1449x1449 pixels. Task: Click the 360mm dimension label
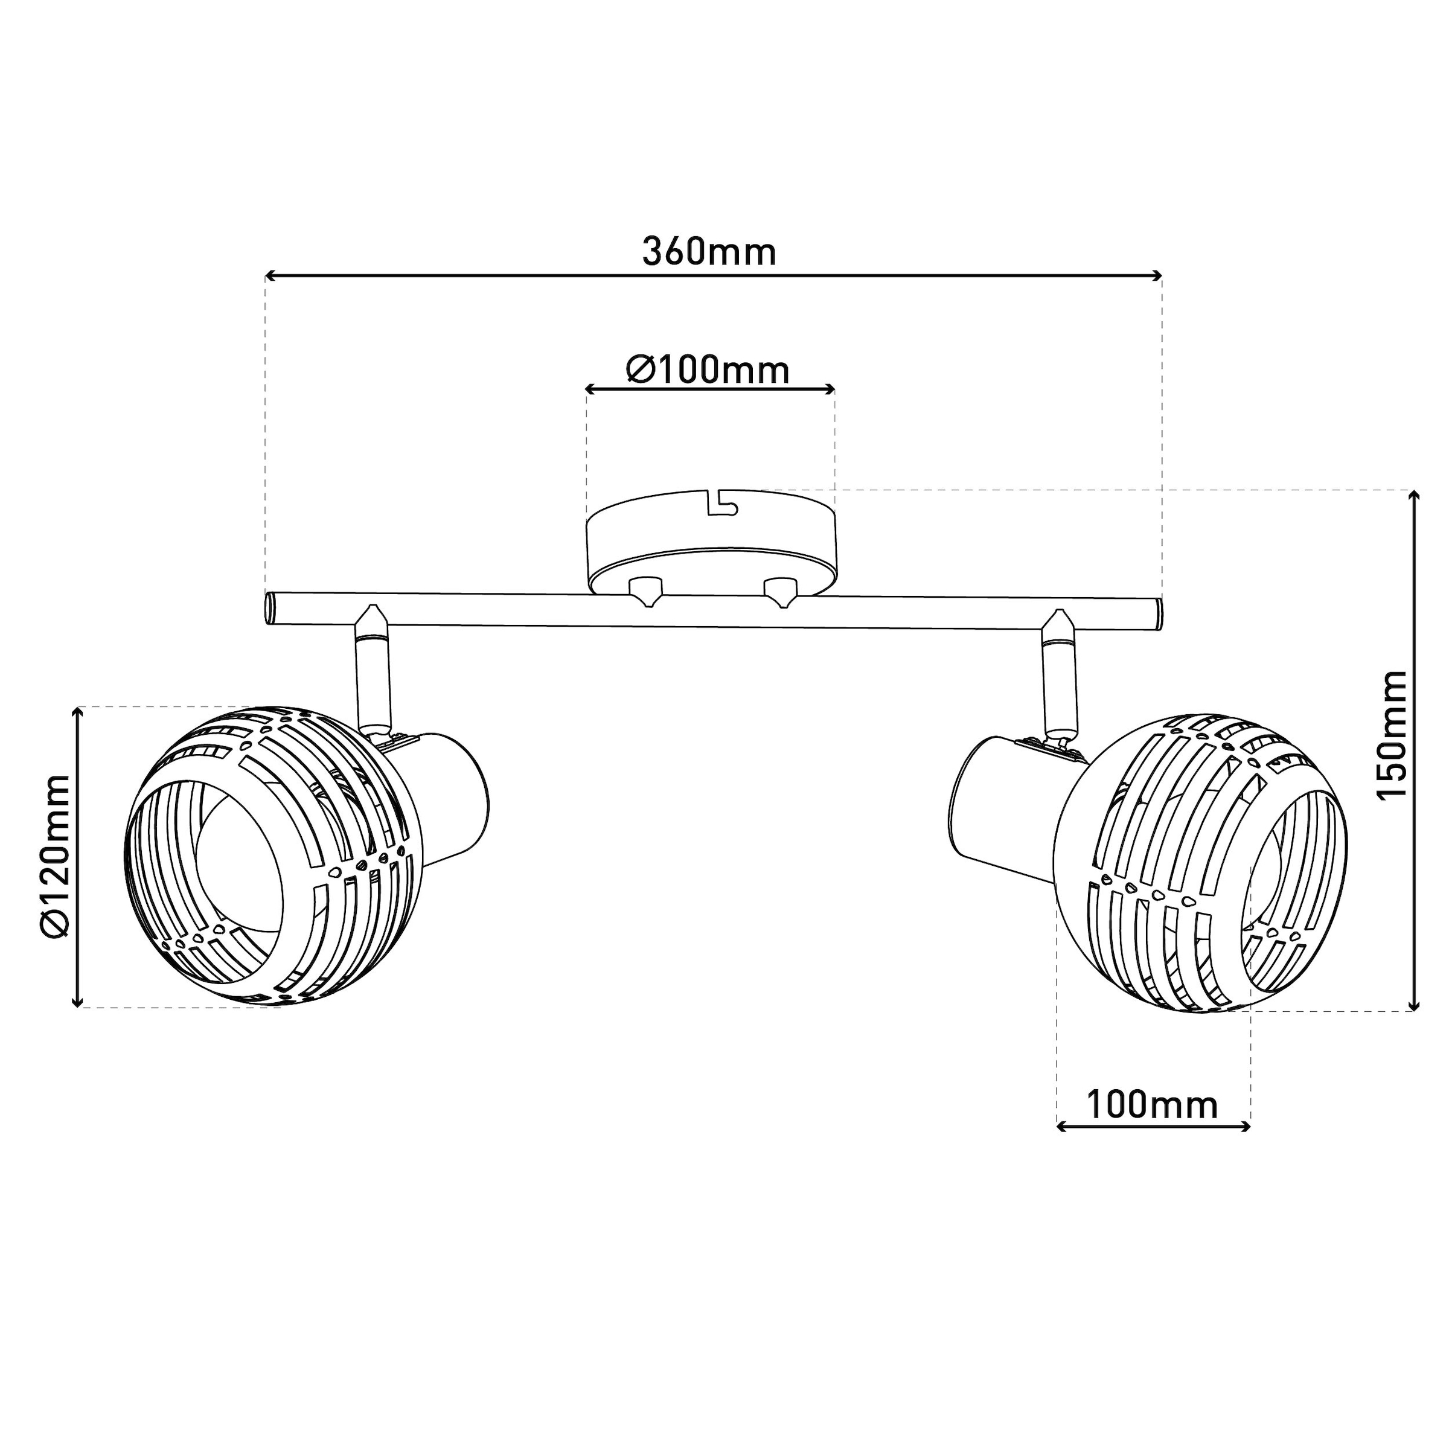[709, 253]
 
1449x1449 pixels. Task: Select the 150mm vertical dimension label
[1393, 737]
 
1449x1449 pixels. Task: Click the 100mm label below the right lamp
[1152, 1105]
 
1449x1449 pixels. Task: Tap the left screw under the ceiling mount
[646, 591]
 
